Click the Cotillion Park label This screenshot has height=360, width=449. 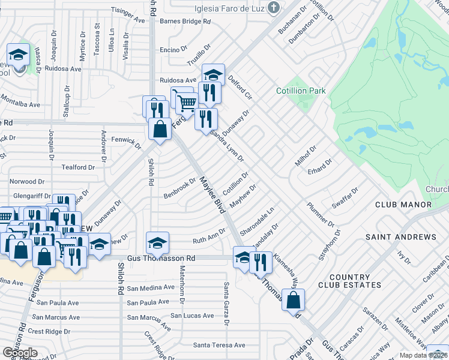coord(301,91)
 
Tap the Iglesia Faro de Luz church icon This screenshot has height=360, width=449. coord(274,8)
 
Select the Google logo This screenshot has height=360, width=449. coord(19,352)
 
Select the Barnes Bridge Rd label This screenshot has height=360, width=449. coord(186,21)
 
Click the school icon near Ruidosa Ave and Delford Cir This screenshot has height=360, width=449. coord(213,75)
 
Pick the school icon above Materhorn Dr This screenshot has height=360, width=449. coord(158,242)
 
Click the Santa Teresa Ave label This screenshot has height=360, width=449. coord(219,345)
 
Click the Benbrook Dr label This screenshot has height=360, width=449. coord(180,188)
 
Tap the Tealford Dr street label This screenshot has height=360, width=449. coord(74,167)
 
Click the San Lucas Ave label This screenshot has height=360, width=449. coord(192,315)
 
